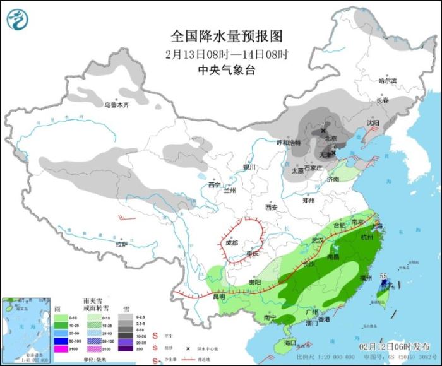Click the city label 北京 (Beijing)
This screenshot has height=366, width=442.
330,138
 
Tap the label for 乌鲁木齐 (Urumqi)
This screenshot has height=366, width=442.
116,105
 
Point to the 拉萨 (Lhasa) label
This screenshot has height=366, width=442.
122,244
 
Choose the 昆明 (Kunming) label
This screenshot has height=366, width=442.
218,296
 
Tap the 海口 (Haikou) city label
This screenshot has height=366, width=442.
290,343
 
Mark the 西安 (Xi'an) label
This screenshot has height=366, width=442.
272,207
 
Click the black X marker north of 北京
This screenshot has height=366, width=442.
323,129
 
